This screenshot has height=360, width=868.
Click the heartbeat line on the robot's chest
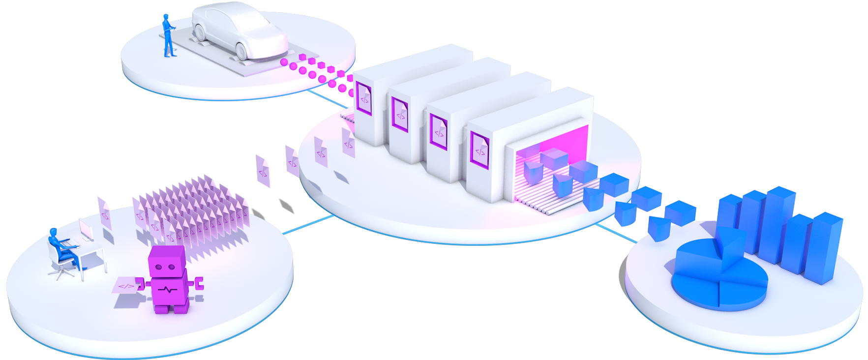169,290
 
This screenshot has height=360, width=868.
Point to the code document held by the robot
126,285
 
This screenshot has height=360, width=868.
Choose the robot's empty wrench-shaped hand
198,283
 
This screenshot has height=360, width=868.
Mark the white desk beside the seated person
93,251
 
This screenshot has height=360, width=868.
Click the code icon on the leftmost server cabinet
364,99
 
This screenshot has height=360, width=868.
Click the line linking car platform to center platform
325,98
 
